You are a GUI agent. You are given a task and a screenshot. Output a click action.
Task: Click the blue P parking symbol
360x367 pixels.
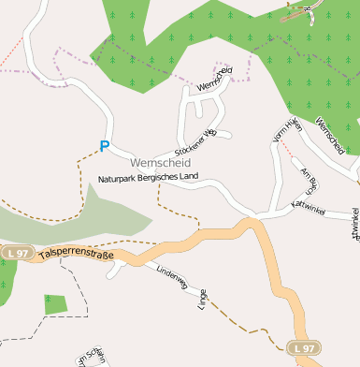click(104, 146)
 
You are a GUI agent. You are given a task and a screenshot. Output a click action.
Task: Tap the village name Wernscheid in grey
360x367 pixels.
click(148, 163)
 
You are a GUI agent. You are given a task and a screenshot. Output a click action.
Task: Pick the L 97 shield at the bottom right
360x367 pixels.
click(304, 347)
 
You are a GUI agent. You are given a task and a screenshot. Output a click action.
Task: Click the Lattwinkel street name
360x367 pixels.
click(308, 206)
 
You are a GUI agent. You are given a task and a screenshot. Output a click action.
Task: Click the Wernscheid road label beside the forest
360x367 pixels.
click(330, 137)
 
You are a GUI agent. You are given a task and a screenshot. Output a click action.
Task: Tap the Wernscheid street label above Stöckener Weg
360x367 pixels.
click(214, 79)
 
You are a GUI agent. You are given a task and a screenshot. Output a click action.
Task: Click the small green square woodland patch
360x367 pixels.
click(55, 304)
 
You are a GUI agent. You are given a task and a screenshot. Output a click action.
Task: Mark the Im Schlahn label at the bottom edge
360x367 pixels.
click(92, 356)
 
